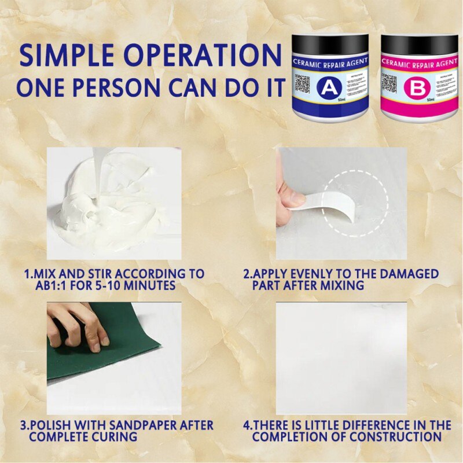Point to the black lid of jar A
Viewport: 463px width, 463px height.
point(330,44)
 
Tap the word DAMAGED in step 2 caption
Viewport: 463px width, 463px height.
point(409,274)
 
